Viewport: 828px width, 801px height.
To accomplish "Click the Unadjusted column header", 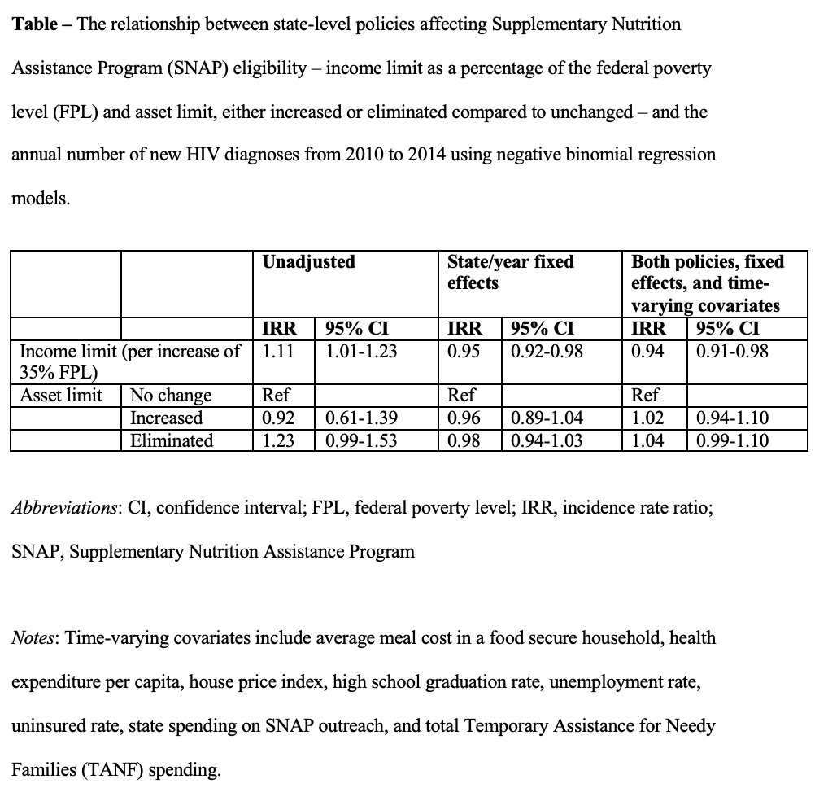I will [308, 261].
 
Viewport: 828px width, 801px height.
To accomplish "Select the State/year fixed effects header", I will [510, 272].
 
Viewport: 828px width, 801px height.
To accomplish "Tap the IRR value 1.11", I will [278, 352].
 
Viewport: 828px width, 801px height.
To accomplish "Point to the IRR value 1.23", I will [278, 441].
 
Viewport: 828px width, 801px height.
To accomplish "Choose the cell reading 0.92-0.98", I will [547, 352].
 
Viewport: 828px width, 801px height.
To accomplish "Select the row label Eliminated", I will [172, 441].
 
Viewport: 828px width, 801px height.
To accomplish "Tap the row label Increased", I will [167, 418].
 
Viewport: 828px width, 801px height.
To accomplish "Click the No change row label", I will [171, 396].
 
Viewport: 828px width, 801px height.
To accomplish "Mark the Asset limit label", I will [61, 396].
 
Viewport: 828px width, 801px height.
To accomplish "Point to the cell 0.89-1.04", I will [547, 418].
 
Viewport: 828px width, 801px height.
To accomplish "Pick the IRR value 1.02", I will [648, 418].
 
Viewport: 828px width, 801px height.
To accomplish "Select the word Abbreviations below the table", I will [64, 508].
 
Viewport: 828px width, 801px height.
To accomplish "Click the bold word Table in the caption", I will [33, 24].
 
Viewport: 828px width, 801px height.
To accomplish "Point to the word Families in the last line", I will [44, 769].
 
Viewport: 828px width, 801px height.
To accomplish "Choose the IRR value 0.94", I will [648, 352].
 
